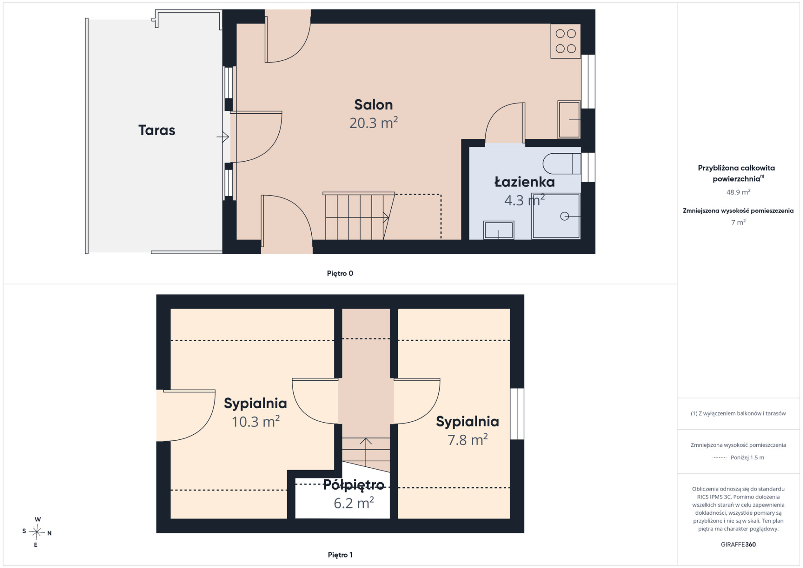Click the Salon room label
tap(373, 105)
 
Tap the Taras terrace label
tap(157, 130)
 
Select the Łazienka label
tap(525, 182)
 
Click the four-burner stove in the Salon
tap(565, 41)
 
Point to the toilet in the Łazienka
tap(562, 164)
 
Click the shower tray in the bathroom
tap(556, 216)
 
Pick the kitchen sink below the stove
tap(569, 120)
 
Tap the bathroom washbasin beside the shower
tap(498, 230)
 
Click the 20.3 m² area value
tap(373, 123)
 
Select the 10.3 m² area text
tap(255, 421)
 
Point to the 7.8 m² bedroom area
tap(468, 440)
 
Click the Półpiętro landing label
tap(354, 485)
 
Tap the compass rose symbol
tap(37, 532)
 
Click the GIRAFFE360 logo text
tap(738, 544)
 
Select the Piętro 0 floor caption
tap(340, 273)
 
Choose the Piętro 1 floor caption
tap(340, 555)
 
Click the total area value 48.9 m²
tap(738, 192)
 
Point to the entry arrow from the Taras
tap(223, 137)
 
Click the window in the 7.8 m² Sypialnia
tap(517, 414)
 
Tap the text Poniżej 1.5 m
tap(747, 457)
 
